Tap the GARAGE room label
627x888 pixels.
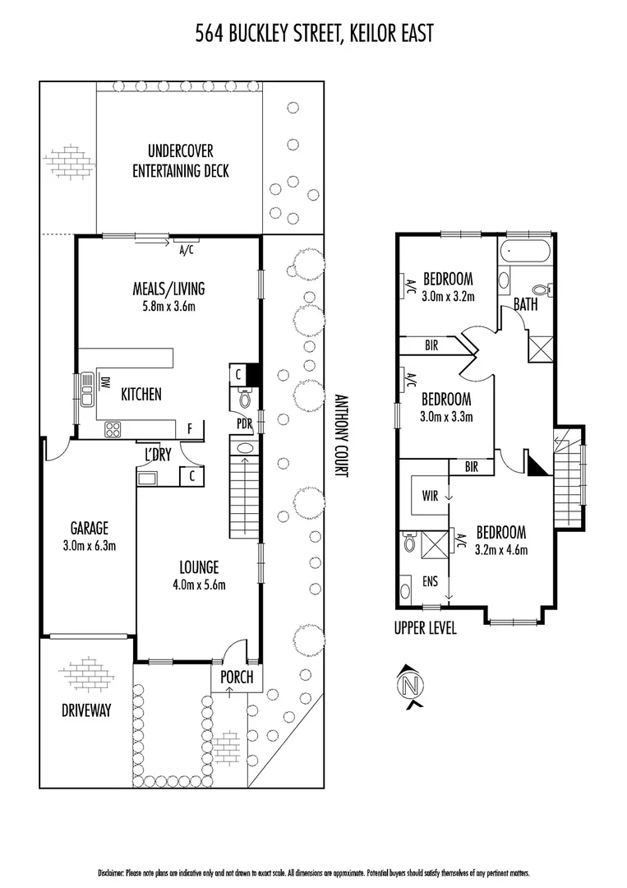point(89,528)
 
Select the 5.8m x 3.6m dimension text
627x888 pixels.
point(168,306)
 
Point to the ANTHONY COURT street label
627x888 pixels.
point(343,434)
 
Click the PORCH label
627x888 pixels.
point(237,678)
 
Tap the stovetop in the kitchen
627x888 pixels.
point(113,429)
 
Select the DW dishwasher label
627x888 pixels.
point(104,384)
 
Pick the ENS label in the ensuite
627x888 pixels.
point(431,581)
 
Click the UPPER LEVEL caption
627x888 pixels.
point(425,629)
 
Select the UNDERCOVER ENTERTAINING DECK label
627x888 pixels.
point(181,161)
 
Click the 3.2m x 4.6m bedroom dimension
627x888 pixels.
point(500,550)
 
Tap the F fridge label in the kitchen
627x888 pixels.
point(190,429)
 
